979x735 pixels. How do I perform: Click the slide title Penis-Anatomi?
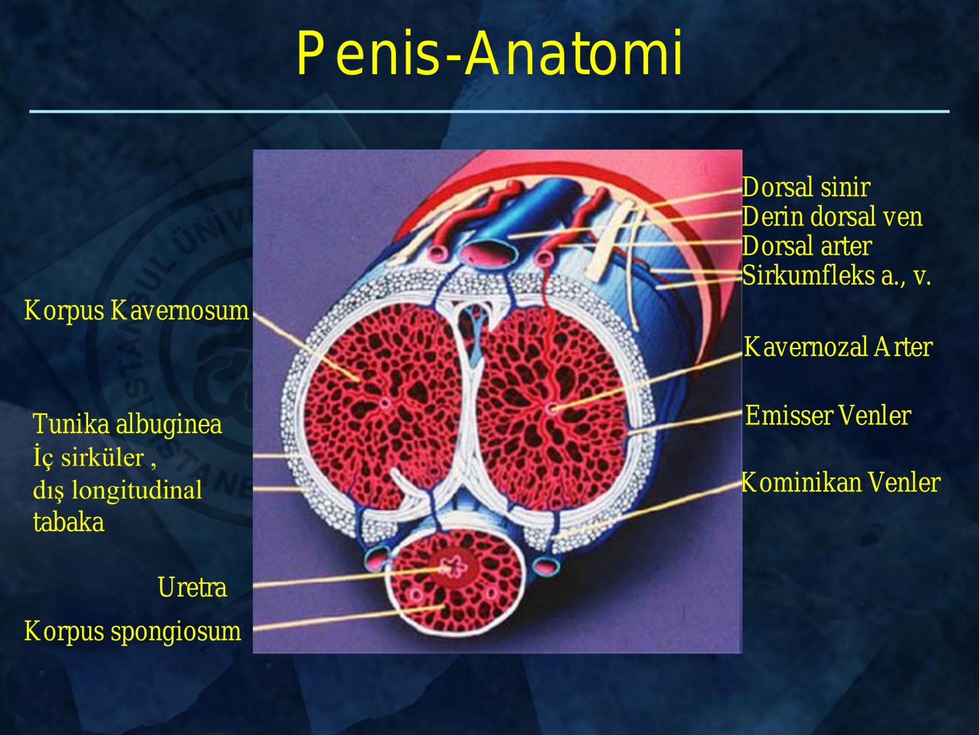489,53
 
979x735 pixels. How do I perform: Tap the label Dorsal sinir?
806,187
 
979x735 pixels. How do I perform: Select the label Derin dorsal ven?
832,216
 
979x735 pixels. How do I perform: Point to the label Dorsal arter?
807,246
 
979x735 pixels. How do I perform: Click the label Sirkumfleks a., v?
836,276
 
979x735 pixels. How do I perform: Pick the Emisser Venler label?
828,415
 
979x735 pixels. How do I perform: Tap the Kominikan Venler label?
841,483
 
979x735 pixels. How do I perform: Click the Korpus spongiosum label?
132,631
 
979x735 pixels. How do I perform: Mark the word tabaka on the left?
69,521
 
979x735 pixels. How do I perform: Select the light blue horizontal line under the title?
489,111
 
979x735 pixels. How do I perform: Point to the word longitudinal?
136,489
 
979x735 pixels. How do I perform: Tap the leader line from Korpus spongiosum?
349,617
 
